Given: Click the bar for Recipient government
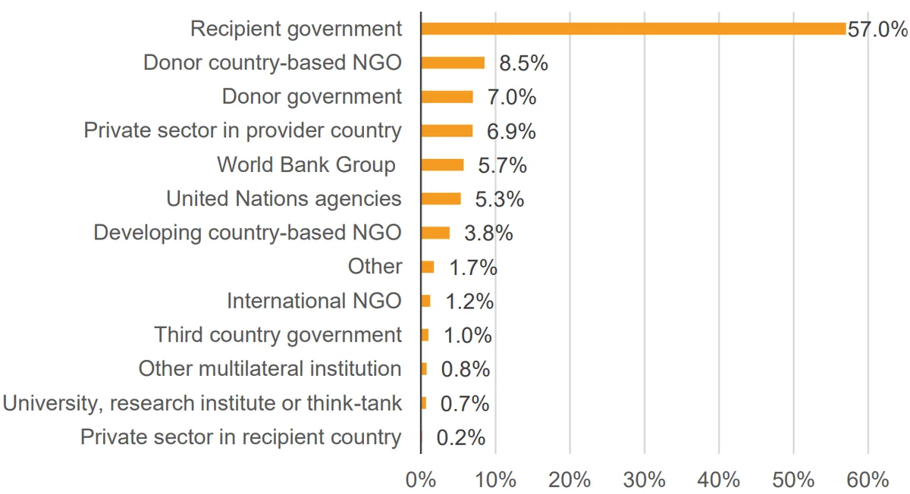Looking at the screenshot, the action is pyautogui.click(x=633, y=29).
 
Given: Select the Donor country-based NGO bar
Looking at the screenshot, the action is pyautogui.click(x=453, y=63).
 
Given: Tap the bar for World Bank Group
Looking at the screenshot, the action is pyautogui.click(x=442, y=165).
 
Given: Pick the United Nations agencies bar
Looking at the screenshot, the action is pyautogui.click(x=441, y=199).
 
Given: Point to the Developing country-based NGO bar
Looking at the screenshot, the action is pyautogui.click(x=435, y=233).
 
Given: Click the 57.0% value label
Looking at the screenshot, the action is pyautogui.click(x=877, y=30).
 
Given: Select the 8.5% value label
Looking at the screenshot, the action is pyautogui.click(x=524, y=64).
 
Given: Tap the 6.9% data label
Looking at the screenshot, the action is pyautogui.click(x=511, y=132).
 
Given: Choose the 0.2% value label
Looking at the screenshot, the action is pyautogui.click(x=461, y=438).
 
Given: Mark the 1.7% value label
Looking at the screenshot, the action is pyautogui.click(x=473, y=267).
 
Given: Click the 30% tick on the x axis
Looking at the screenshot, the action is pyautogui.click(x=645, y=480).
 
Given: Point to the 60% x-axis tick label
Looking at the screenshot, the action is pyautogui.click(x=868, y=480).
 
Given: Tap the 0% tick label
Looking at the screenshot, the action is pyautogui.click(x=421, y=480).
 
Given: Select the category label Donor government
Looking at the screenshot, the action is pyautogui.click(x=312, y=97).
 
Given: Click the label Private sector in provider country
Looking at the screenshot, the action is pyautogui.click(x=243, y=131).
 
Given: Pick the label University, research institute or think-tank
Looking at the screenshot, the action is pyautogui.click(x=202, y=404).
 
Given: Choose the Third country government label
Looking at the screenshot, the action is pyautogui.click(x=278, y=336).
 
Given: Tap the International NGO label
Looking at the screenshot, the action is pyautogui.click(x=315, y=302).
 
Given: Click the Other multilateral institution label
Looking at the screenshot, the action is pyautogui.click(x=270, y=369).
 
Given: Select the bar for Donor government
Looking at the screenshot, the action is pyautogui.click(x=447, y=97).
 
